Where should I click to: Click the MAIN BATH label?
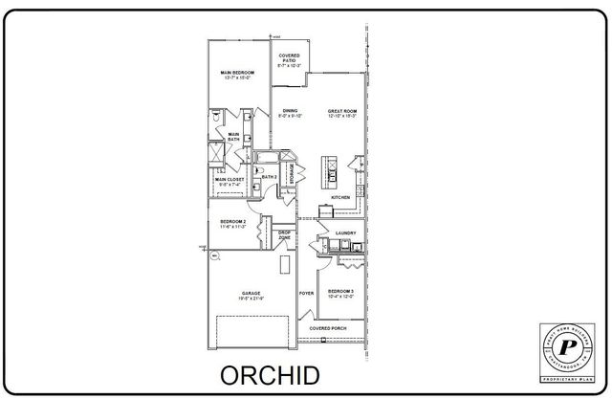[x=233, y=137]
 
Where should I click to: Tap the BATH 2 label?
[x=269, y=177]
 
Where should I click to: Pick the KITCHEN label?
[x=341, y=197]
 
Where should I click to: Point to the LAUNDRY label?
[x=345, y=233]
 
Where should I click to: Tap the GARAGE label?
[x=251, y=295]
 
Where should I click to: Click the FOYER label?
[x=307, y=293]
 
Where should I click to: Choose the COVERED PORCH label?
[x=328, y=328]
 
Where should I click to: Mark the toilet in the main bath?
[x=217, y=119]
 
